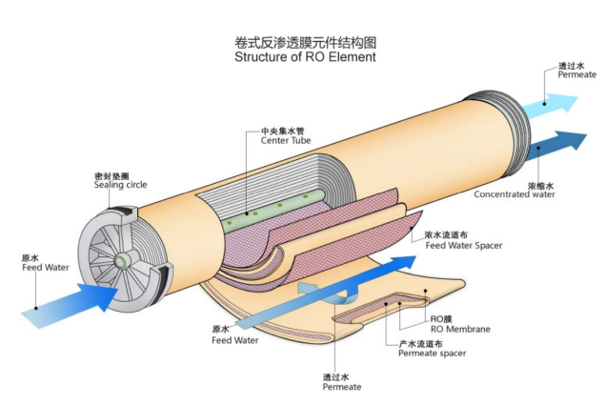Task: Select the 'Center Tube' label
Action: coord(286,141)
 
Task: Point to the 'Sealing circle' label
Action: coord(119,184)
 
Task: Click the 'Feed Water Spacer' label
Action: coord(462,246)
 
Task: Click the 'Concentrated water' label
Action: coord(514,194)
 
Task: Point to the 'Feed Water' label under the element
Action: coord(234,339)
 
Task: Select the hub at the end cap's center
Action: coord(122,260)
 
